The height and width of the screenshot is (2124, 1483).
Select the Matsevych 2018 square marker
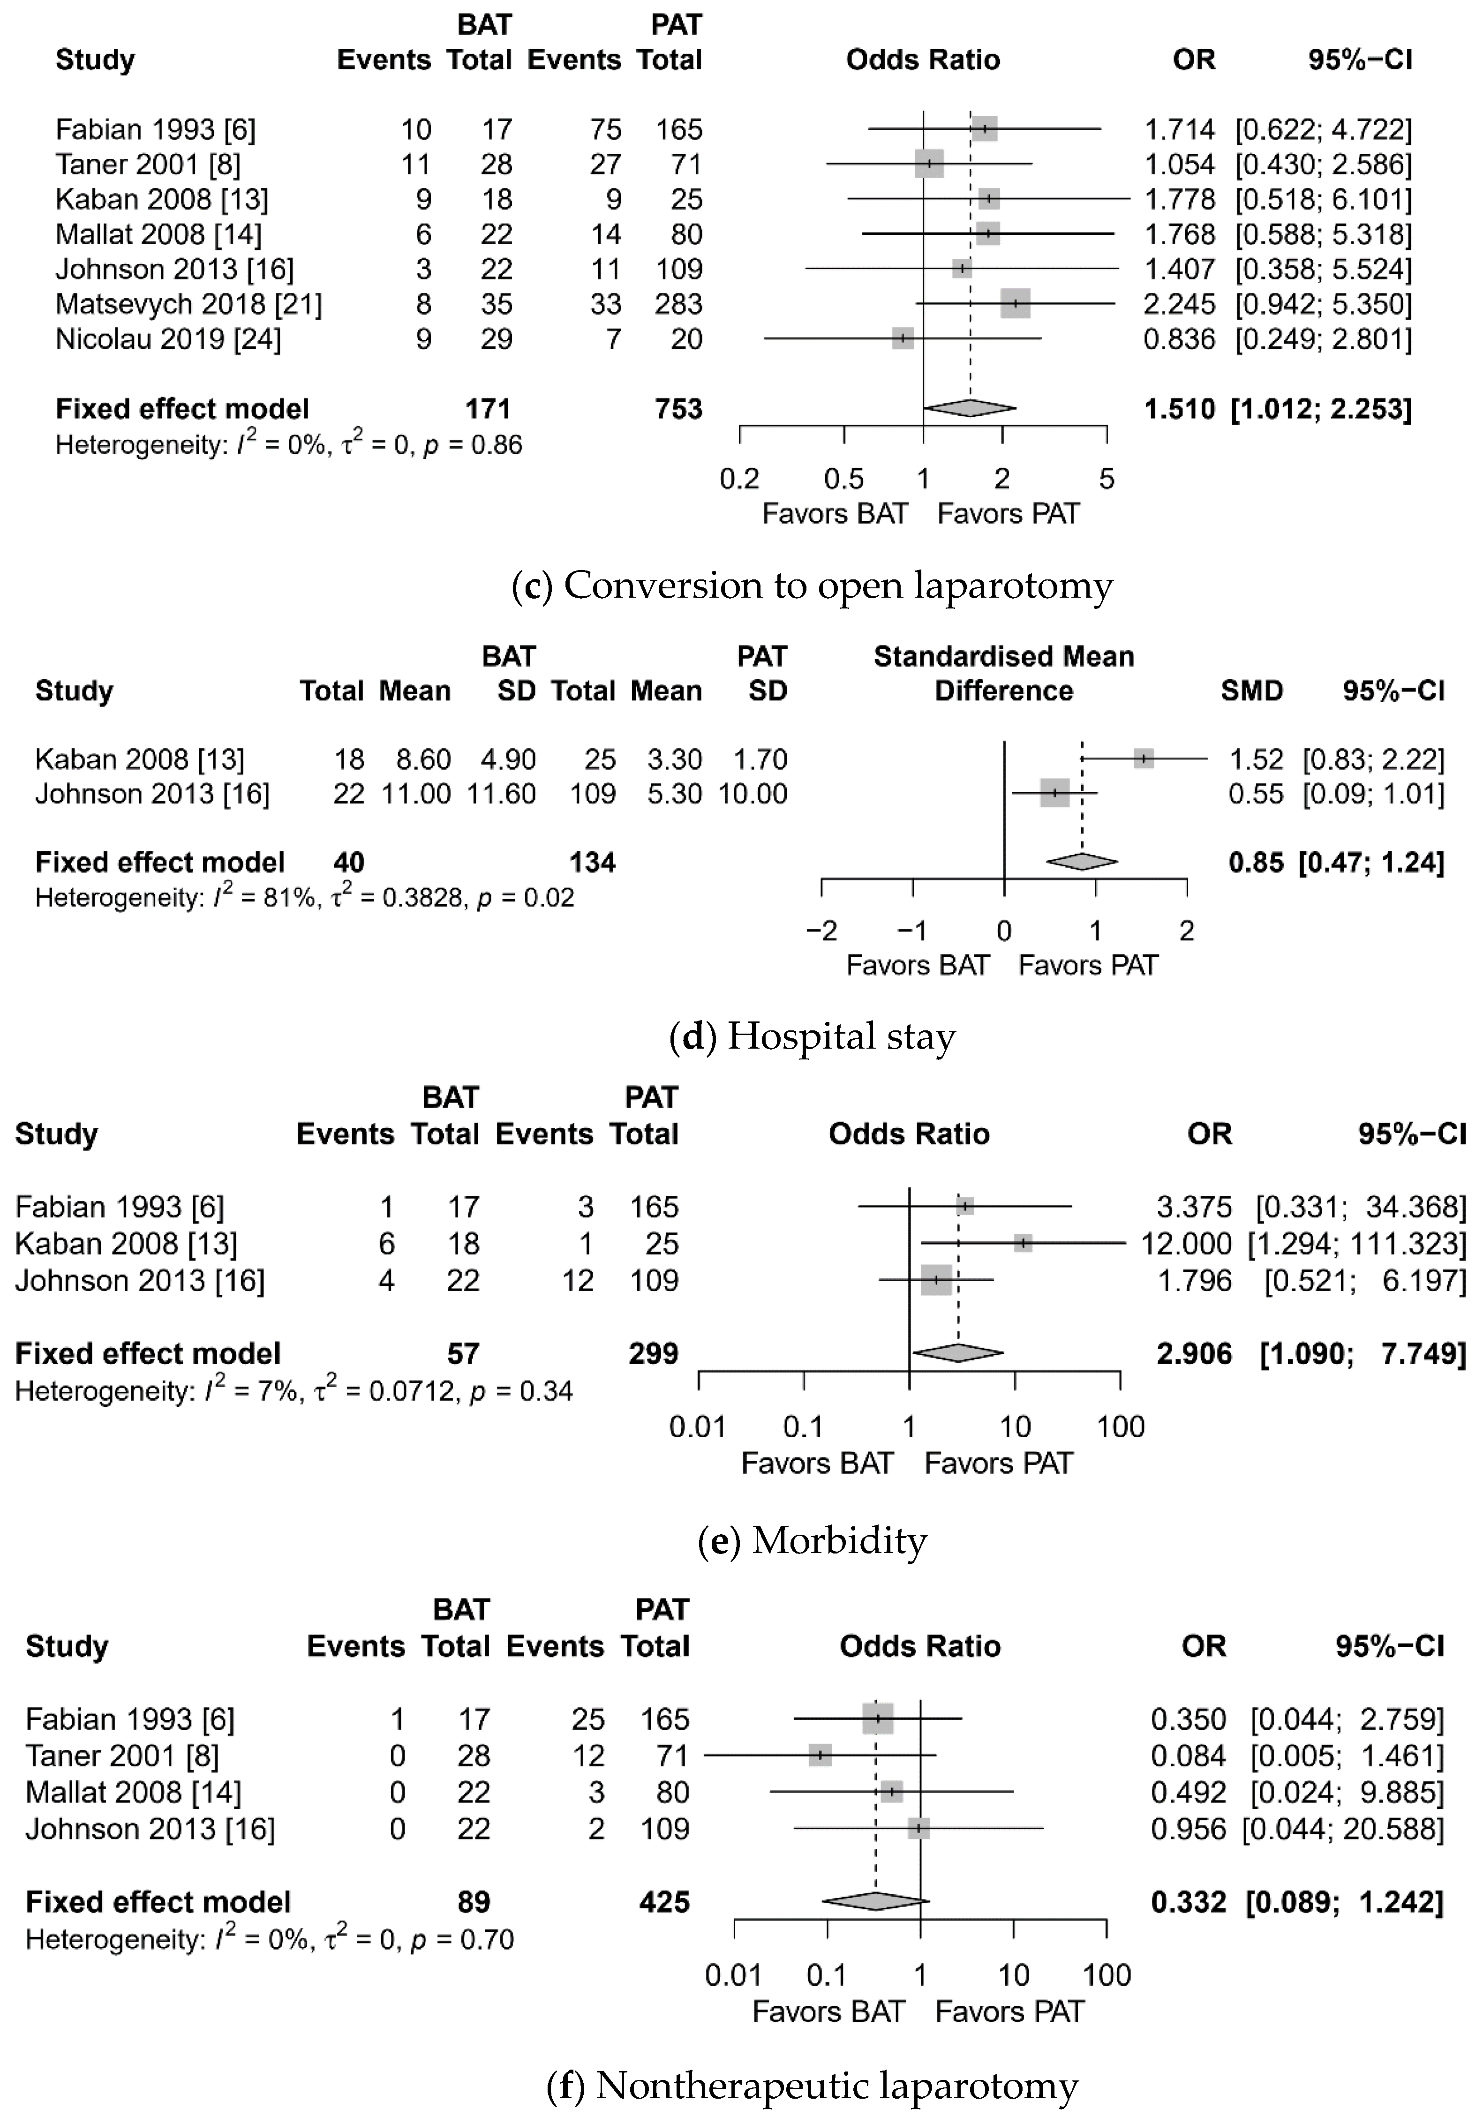tap(1015, 303)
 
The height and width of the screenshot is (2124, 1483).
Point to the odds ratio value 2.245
tap(1179, 303)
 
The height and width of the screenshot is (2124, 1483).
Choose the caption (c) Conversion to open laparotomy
tap(811, 585)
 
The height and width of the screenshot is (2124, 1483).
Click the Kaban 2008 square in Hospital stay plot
tap(1144, 758)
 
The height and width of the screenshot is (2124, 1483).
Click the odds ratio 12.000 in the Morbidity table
tap(1186, 1243)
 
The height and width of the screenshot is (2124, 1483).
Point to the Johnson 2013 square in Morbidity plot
tap(936, 1280)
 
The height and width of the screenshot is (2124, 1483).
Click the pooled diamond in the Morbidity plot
tap(957, 1352)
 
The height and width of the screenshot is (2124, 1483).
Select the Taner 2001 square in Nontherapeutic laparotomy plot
tap(820, 1755)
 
